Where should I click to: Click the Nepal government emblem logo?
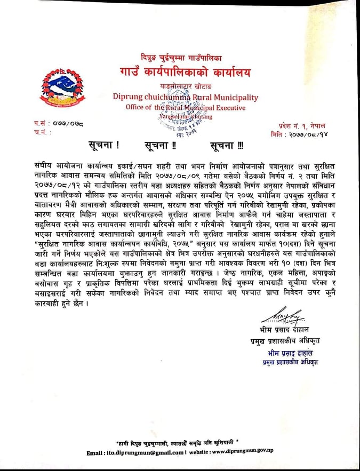coord(55,87)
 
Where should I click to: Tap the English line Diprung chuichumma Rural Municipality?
coord(186,98)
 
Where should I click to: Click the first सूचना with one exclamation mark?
coord(103,146)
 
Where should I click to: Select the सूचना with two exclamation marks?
coord(159,146)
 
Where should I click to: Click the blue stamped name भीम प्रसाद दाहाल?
coord(290,354)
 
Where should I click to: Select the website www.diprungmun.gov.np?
coord(243,453)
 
